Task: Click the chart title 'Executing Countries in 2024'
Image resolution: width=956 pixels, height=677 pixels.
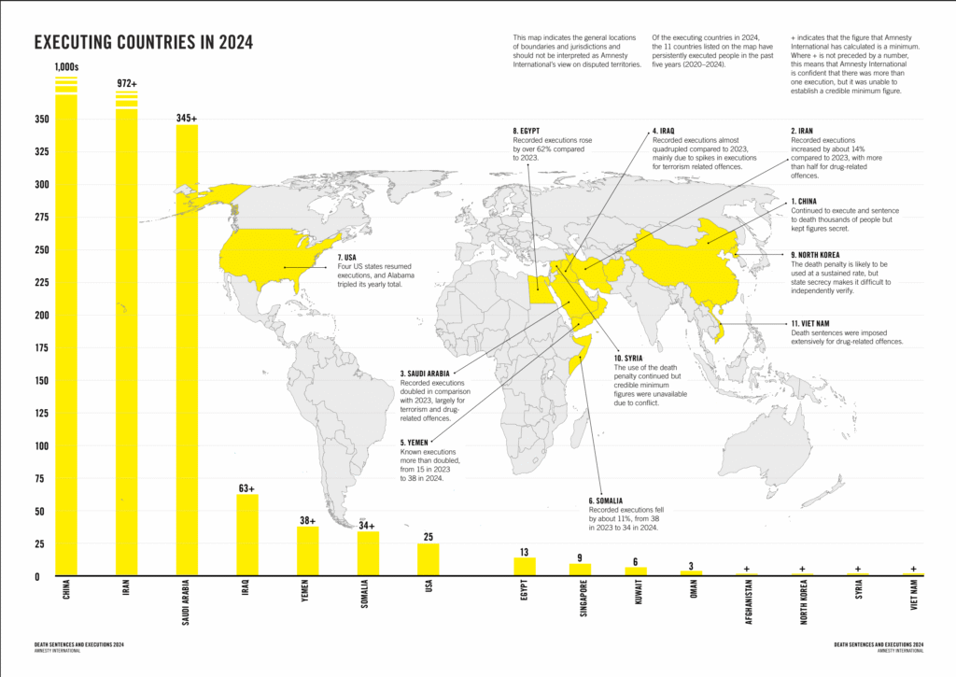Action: (x=143, y=43)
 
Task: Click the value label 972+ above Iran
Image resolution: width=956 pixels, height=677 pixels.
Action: (x=126, y=84)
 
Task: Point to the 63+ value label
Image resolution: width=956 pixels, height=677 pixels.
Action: (x=246, y=487)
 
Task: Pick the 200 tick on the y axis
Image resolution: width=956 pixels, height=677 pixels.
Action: (x=42, y=315)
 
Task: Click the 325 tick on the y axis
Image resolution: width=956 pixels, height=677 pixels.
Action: (x=42, y=151)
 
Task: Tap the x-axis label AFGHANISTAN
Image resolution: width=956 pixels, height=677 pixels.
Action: (x=748, y=606)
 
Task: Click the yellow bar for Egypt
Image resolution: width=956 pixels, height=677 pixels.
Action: (x=525, y=566)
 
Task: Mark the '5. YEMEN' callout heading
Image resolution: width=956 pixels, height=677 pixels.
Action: (x=420, y=442)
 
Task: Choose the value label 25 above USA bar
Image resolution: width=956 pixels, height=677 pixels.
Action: (x=428, y=536)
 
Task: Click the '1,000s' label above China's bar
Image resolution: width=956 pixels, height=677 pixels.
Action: (x=66, y=66)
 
